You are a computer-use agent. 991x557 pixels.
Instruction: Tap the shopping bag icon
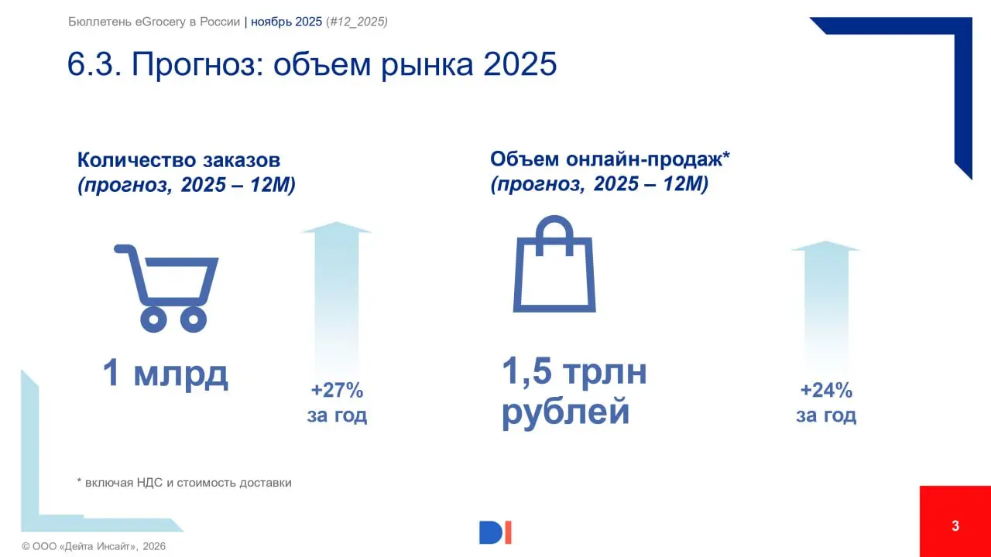tap(554, 267)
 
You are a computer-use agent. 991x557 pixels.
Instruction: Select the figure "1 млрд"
tap(166, 374)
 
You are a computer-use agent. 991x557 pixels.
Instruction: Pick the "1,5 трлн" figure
tap(574, 372)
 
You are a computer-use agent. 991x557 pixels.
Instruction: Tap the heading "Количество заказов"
tap(178, 160)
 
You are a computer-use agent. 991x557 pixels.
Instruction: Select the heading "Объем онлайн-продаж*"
tap(611, 159)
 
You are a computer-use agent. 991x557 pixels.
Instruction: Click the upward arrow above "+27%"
tap(336, 294)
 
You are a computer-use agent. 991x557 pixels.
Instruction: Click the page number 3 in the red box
tap(955, 527)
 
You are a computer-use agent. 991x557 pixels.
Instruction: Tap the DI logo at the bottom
tap(495, 532)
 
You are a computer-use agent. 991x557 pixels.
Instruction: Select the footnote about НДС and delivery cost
tap(184, 483)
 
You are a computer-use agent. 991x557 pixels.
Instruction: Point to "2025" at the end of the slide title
tap(520, 65)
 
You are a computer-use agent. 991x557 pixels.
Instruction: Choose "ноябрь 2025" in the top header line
tap(286, 22)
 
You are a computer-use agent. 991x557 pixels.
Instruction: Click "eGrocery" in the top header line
tap(156, 22)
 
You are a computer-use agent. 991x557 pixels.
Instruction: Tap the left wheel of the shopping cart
tap(154, 318)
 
